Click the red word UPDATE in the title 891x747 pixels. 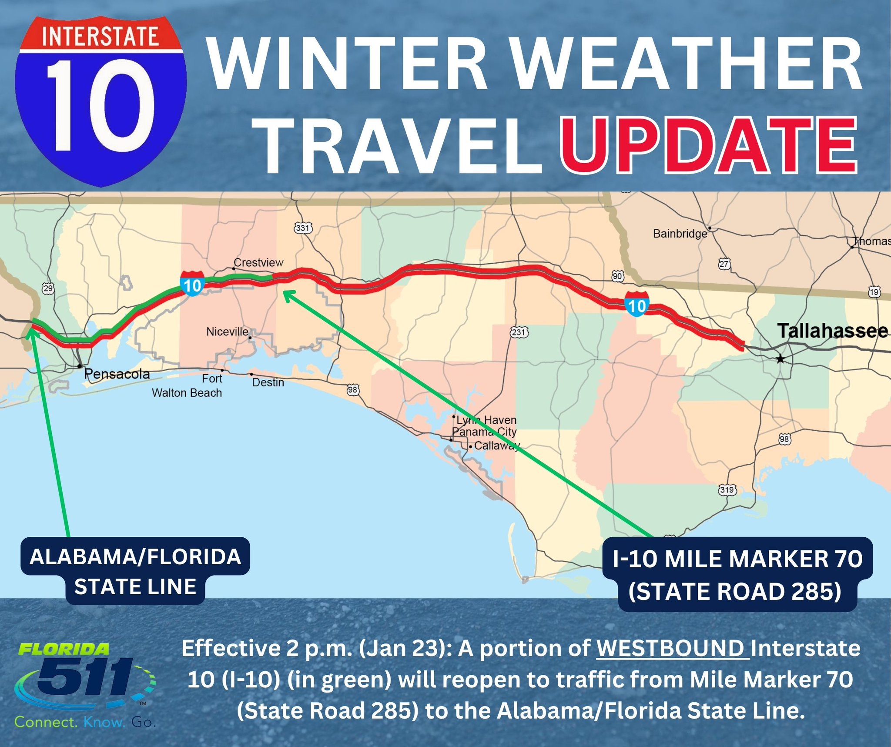(708, 146)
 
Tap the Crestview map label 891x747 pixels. (258, 262)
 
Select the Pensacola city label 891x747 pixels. (117, 374)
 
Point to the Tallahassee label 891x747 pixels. (832, 331)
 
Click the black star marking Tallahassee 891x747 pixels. (780, 359)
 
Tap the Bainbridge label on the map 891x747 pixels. (680, 234)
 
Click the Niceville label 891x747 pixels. (227, 332)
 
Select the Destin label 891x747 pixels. (268, 382)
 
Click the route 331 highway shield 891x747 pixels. (303, 228)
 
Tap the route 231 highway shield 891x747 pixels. (519, 332)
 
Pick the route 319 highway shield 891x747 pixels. (727, 490)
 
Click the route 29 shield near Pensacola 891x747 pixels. (48, 288)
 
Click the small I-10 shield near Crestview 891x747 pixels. (192, 284)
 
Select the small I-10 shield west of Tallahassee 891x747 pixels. (637, 304)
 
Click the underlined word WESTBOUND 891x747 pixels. (673, 648)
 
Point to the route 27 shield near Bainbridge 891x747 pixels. (724, 264)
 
